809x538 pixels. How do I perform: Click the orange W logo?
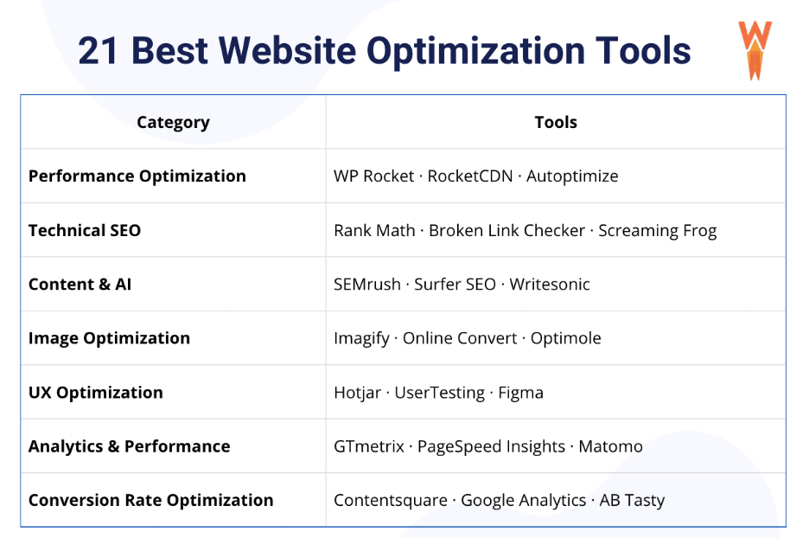pyautogui.click(x=754, y=48)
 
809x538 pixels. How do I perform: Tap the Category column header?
pyautogui.click(x=173, y=122)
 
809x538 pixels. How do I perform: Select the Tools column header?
pyautogui.click(x=556, y=122)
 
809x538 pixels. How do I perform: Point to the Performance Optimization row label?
pyautogui.click(x=137, y=176)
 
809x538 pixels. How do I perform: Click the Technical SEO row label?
pyautogui.click(x=84, y=230)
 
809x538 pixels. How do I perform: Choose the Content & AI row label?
pyautogui.click(x=80, y=284)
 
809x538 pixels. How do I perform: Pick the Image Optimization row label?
pyautogui.click(x=109, y=338)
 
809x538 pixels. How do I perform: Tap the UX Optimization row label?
pyautogui.click(x=95, y=392)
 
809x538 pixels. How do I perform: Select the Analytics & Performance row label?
pyautogui.click(x=129, y=446)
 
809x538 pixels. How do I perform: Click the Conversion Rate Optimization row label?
pyautogui.click(x=150, y=500)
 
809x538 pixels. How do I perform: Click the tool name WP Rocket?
pyautogui.click(x=373, y=176)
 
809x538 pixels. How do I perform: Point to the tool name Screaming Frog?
pyautogui.click(x=657, y=230)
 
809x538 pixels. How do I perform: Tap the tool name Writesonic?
pyautogui.click(x=550, y=284)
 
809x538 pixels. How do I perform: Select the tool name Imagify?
pyautogui.click(x=361, y=338)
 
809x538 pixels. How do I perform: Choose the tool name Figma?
pyautogui.click(x=521, y=392)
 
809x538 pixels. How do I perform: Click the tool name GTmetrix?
pyautogui.click(x=369, y=446)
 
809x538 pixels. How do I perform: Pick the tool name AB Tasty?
pyautogui.click(x=632, y=500)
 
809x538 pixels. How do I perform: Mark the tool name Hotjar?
pyautogui.click(x=357, y=392)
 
